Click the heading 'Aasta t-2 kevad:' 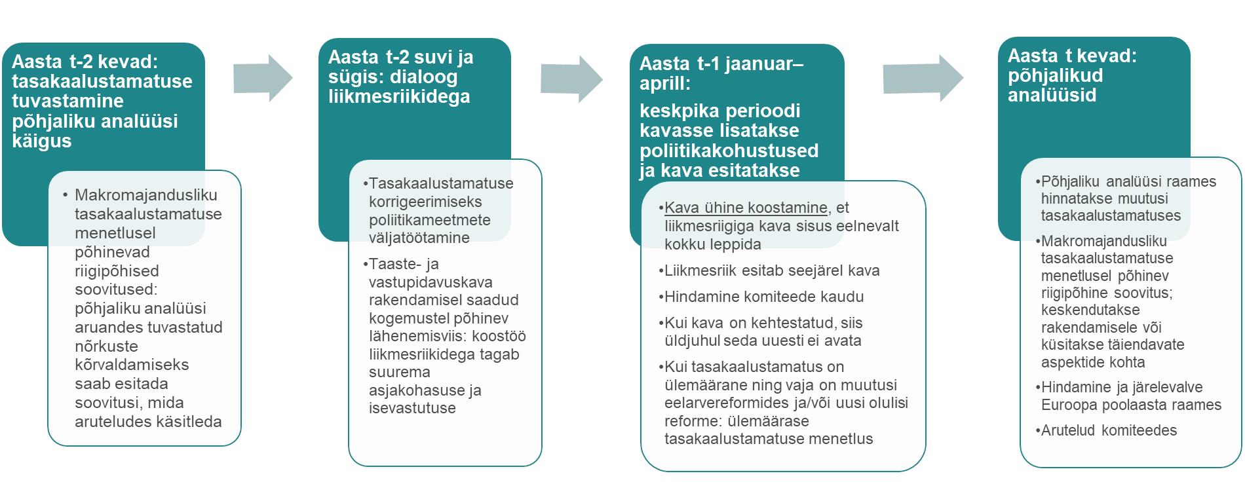(85, 62)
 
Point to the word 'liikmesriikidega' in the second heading (399, 97)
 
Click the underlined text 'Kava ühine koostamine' (746, 208)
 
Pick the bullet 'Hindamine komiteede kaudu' (764, 297)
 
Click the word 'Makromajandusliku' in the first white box (145, 195)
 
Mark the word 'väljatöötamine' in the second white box (419, 238)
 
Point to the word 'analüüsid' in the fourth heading (1052, 96)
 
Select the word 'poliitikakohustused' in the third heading (729, 151)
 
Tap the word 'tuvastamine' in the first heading (67, 102)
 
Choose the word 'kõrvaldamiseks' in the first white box (132, 365)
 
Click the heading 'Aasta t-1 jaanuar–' (721, 64)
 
